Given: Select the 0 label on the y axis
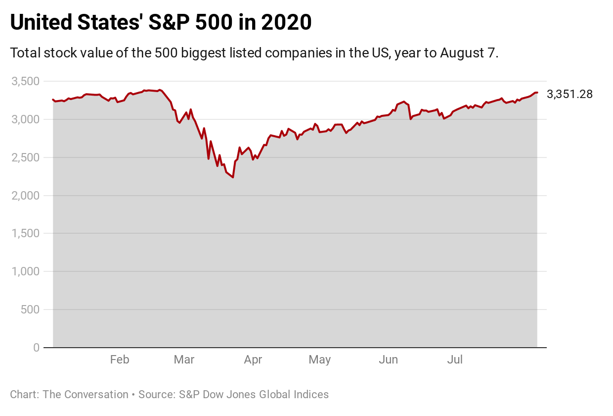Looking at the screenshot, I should click(x=36, y=348).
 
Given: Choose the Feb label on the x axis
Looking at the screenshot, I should click(x=120, y=360).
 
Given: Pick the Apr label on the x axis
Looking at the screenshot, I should click(x=253, y=360).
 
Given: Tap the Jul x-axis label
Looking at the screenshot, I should click(x=455, y=360).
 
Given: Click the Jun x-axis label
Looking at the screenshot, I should click(x=389, y=360).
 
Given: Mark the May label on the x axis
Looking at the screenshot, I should click(x=320, y=360).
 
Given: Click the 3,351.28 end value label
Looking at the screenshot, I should click(x=569, y=94).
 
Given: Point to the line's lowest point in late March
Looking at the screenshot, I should click(x=233, y=177).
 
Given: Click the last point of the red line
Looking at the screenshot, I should click(x=537, y=93).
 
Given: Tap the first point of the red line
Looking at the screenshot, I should click(x=53, y=100).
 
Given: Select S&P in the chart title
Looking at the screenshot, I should click(x=171, y=23).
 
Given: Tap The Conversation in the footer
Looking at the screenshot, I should click(x=86, y=395).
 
